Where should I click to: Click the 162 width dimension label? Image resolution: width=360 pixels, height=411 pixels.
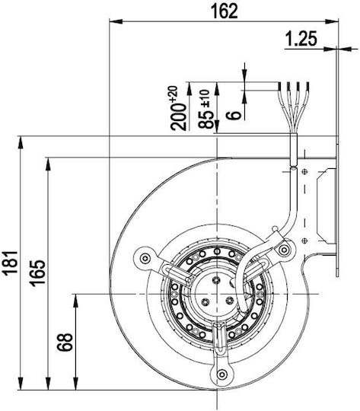pos(225,11)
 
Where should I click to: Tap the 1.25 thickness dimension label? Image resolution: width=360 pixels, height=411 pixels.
pos(301,39)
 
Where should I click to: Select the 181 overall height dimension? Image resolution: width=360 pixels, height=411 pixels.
pos(10,263)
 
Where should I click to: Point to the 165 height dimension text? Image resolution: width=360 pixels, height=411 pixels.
pos(37,272)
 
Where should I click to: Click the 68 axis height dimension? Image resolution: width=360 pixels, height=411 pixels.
pos(65,342)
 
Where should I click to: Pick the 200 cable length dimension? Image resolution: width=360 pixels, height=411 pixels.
pos(178,109)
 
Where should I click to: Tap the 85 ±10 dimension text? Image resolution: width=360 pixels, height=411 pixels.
pos(205,109)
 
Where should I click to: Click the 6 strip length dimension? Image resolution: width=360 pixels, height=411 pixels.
pos(234,115)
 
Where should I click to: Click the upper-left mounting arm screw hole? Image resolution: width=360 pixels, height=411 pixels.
pos(145,259)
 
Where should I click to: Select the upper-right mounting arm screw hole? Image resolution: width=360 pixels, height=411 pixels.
pos(284,250)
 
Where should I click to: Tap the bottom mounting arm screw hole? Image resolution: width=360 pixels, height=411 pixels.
pos(222,374)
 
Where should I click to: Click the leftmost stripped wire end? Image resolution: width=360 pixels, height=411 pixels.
pos(280,86)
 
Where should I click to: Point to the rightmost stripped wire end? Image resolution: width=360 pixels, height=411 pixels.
pos(307,86)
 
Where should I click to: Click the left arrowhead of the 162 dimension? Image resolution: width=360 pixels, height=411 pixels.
pos(116,21)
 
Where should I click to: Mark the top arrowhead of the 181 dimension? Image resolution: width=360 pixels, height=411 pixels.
pos(20,142)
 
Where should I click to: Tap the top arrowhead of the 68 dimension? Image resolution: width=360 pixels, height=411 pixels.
pos(76,301)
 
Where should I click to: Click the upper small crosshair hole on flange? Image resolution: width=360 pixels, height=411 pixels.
pos(304,172)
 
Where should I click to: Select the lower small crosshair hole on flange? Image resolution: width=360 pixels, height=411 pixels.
pos(304,241)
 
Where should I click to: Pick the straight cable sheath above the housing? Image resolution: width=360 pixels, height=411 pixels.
pos(294,150)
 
